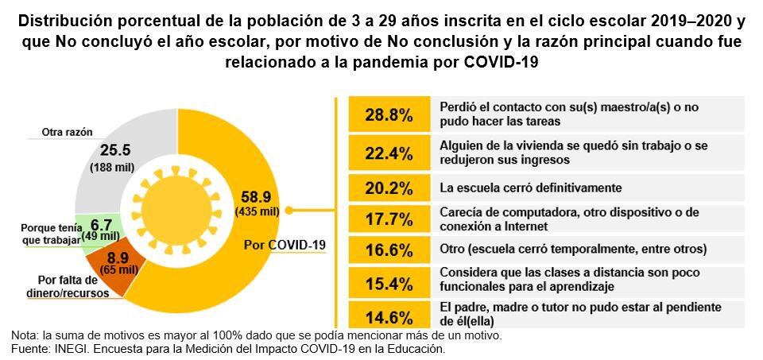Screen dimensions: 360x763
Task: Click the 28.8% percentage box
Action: point(389,115)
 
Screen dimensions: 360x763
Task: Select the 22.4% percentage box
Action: point(389,153)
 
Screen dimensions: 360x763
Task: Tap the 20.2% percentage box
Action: point(389,188)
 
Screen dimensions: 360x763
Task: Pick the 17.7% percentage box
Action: point(389,219)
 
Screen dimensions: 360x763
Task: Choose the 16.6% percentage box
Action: point(389,250)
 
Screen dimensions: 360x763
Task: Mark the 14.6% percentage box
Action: point(389,315)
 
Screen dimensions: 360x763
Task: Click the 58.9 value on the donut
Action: point(256,197)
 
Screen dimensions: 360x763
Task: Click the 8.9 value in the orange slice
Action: point(117,257)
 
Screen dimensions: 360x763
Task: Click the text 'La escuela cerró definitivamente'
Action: point(530,188)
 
